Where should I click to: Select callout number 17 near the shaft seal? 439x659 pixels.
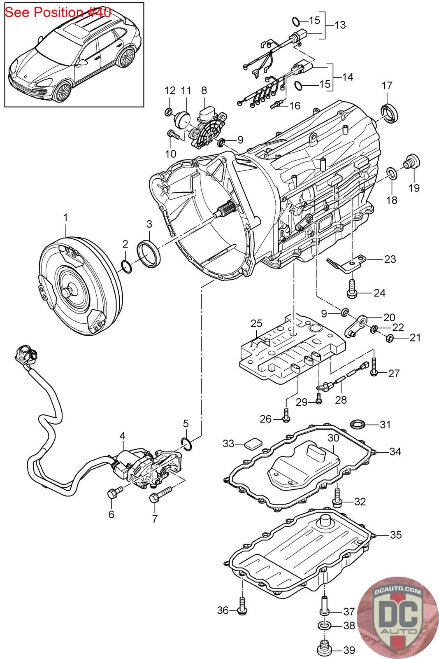point(387,86)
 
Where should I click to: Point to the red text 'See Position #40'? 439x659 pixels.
point(58,12)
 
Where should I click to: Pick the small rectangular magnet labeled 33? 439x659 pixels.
point(252,444)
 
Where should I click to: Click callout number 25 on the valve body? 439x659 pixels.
point(256,323)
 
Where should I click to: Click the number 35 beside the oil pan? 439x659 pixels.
point(395,535)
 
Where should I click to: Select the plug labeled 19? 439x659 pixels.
point(410,162)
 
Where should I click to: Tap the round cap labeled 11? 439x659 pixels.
point(181,119)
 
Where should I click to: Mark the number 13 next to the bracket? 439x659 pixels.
point(340,25)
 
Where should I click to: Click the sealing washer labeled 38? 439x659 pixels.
point(325,626)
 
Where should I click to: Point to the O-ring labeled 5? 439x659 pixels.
point(186,443)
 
